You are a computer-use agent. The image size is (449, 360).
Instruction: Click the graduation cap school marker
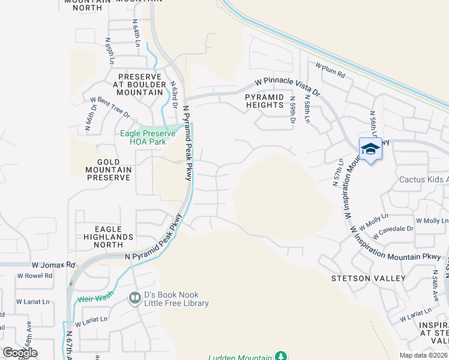tap(370, 149)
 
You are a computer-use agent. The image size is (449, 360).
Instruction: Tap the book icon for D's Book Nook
tap(134, 298)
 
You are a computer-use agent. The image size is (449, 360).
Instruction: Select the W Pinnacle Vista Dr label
tap(288, 87)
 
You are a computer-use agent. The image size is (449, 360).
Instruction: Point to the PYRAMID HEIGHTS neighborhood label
tap(264, 100)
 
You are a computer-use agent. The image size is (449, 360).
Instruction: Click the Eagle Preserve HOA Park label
tap(147, 137)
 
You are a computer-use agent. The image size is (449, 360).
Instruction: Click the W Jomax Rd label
tap(53, 265)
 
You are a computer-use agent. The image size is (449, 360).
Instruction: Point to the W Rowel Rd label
tap(34, 276)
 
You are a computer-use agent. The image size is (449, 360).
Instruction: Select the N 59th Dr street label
tap(292, 111)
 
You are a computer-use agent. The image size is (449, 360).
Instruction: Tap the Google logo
tap(20, 353)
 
